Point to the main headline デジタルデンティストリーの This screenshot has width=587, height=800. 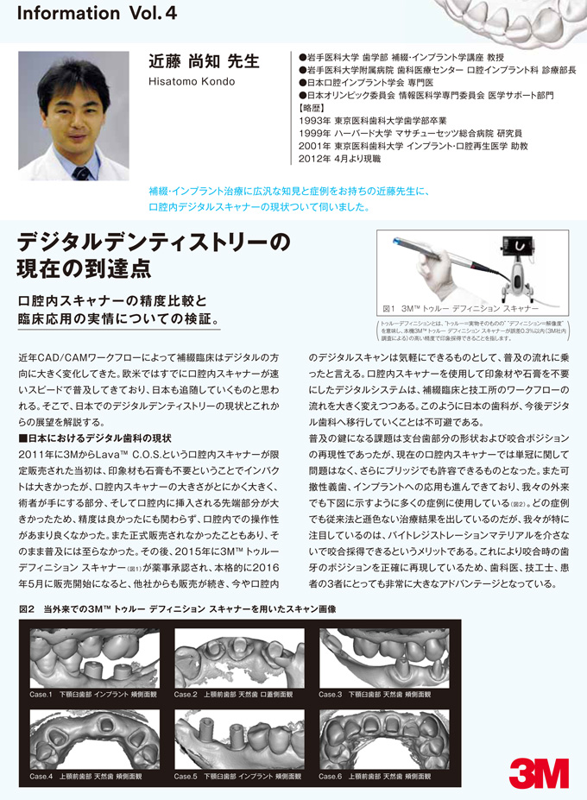click(x=154, y=244)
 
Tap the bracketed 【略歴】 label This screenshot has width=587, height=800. click(x=309, y=110)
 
